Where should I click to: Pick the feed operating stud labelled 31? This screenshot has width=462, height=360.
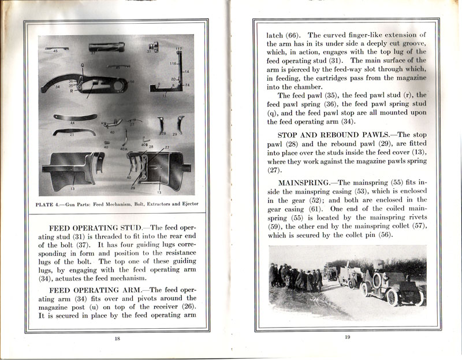coord(152,48)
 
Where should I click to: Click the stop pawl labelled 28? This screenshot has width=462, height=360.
coord(161,124)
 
